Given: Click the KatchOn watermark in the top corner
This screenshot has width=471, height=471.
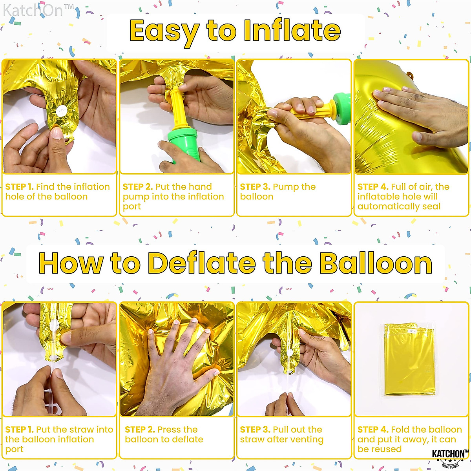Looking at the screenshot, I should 38,11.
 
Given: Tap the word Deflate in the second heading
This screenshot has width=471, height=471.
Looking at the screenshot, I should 202,263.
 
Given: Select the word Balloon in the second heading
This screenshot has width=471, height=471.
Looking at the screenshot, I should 376,263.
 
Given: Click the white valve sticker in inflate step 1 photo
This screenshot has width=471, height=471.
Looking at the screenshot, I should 61,111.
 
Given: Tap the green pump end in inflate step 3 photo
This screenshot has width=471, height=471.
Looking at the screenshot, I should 341,108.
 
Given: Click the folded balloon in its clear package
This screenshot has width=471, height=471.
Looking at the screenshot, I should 409,359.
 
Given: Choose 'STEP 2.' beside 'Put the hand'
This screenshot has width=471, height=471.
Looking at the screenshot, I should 137,187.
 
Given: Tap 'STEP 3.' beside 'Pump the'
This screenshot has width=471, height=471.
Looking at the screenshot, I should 255,187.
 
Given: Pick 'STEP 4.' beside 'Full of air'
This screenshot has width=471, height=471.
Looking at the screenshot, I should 372,187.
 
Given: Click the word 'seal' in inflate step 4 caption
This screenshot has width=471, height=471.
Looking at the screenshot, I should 431,206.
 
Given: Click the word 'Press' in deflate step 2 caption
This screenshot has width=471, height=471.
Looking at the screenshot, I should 170,430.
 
